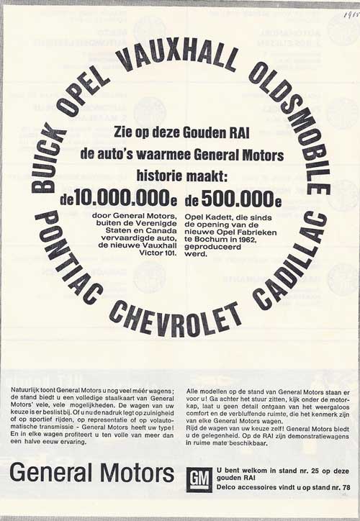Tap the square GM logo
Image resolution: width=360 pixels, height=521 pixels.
199,478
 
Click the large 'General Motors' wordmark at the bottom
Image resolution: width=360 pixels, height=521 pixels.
92,473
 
